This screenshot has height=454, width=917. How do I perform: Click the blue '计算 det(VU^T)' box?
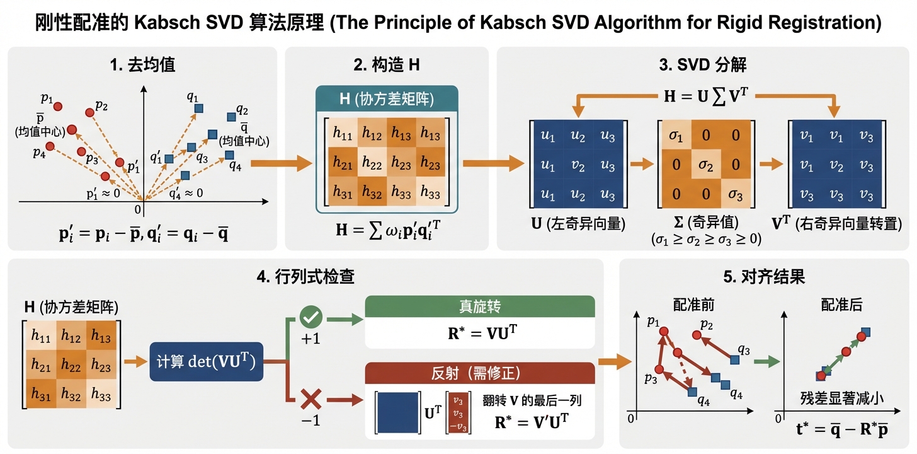click(x=206, y=362)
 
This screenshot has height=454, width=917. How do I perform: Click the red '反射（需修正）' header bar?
click(x=480, y=373)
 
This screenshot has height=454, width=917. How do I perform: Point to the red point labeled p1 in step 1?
click(x=57, y=108)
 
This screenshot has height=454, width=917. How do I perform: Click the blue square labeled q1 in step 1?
click(x=198, y=108)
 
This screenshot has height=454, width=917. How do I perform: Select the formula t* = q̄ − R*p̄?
click(x=841, y=432)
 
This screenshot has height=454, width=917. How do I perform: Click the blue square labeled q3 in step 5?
click(x=734, y=359)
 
